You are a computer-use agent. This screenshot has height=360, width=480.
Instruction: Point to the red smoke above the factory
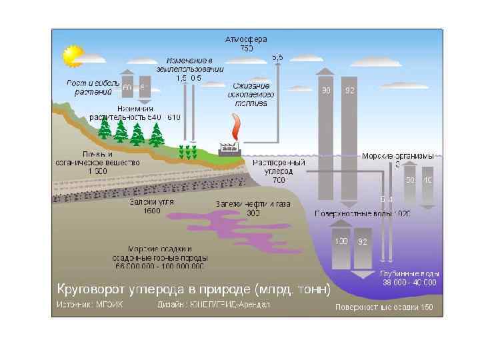tap(235, 125)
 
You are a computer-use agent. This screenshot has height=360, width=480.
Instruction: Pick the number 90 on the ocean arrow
tap(326, 91)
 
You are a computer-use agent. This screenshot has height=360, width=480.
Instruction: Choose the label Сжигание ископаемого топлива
tap(251, 94)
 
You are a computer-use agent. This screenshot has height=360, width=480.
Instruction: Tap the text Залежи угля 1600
tap(152, 206)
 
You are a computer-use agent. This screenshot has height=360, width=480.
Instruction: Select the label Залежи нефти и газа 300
tap(253, 208)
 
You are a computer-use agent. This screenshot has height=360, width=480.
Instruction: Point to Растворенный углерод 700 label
tap(279, 171)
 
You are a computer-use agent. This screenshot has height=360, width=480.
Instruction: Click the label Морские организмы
tap(397, 156)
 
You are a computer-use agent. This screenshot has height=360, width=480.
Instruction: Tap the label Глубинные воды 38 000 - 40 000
tap(409, 277)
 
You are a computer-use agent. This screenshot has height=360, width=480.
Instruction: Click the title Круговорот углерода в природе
tap(192, 289)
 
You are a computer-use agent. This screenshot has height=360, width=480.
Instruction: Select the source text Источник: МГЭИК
tap(89, 305)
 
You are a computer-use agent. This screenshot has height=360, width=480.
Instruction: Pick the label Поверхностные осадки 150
tap(383, 307)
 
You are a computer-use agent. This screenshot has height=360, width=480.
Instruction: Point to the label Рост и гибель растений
tap(93, 87)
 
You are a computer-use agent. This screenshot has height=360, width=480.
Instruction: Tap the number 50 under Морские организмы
tap(411, 180)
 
